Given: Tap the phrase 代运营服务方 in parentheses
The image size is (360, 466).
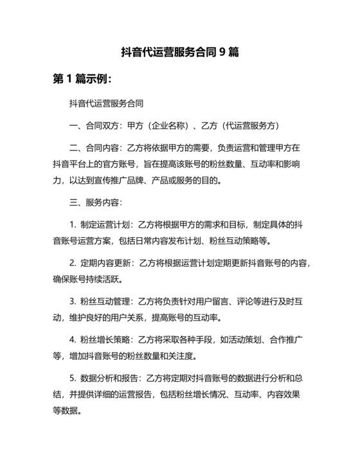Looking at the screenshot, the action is [x=248, y=125].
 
